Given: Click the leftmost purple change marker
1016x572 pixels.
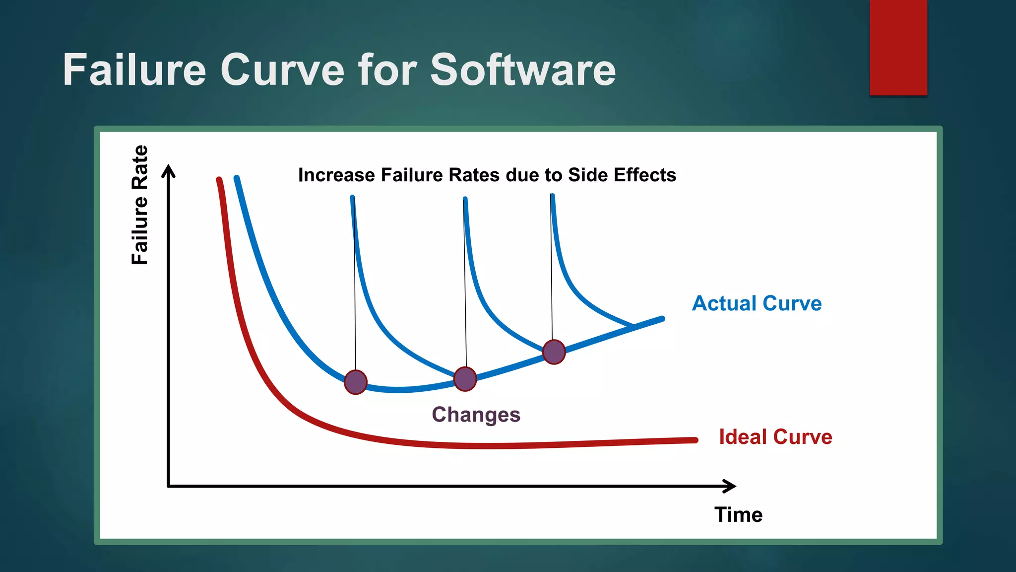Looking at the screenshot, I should tap(355, 382).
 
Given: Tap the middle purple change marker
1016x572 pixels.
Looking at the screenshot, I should tap(465, 379).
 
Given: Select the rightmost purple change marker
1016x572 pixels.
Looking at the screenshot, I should tap(554, 352).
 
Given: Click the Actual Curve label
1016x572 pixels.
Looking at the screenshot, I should tap(757, 303).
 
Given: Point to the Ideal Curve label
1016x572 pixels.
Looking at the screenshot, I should tap(775, 437).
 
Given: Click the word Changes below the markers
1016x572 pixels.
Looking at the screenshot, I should tap(476, 415).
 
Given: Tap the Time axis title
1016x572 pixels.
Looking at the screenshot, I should tap(738, 515).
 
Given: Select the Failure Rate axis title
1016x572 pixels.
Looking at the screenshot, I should tap(140, 205).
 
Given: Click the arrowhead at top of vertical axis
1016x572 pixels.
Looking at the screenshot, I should tap(169, 170).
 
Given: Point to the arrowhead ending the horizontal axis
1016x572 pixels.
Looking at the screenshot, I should tap(730, 486).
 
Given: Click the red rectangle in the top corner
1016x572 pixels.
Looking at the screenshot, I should tap(898, 47).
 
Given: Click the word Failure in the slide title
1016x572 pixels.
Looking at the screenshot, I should tap(134, 70).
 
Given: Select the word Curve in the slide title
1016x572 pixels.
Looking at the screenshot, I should tap(282, 70).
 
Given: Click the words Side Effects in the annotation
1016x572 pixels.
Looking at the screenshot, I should tap(622, 175).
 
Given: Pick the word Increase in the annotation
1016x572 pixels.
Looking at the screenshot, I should tap(336, 175).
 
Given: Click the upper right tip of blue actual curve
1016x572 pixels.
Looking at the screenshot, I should tap(662, 319).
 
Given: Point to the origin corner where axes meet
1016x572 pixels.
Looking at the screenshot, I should tap(169, 486).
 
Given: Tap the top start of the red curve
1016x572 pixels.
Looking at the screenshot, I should tap(219, 180).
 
